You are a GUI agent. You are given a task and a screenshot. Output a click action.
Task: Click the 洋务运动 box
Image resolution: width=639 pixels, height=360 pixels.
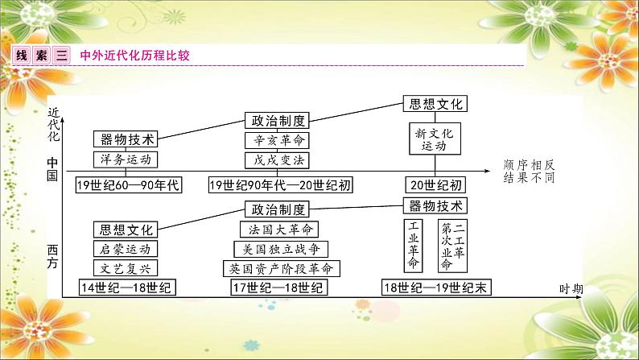pos(122,159)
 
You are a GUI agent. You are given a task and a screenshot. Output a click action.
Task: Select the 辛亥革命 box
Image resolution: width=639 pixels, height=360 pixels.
pos(276,140)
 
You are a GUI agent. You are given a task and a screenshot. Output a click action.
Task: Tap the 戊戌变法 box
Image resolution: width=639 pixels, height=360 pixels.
pos(276,159)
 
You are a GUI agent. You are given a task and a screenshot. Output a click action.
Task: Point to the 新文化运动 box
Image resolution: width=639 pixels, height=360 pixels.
pos(435,139)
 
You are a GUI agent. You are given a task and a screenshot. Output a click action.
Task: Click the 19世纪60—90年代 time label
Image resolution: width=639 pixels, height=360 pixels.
pos(127,185)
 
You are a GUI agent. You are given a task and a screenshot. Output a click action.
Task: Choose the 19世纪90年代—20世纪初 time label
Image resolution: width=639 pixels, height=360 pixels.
pos(280,185)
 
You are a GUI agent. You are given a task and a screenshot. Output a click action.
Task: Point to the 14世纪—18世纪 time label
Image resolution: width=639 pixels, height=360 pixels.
pos(127,288)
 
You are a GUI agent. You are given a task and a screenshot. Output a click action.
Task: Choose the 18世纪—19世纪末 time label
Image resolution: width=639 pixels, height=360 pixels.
pos(436,288)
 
